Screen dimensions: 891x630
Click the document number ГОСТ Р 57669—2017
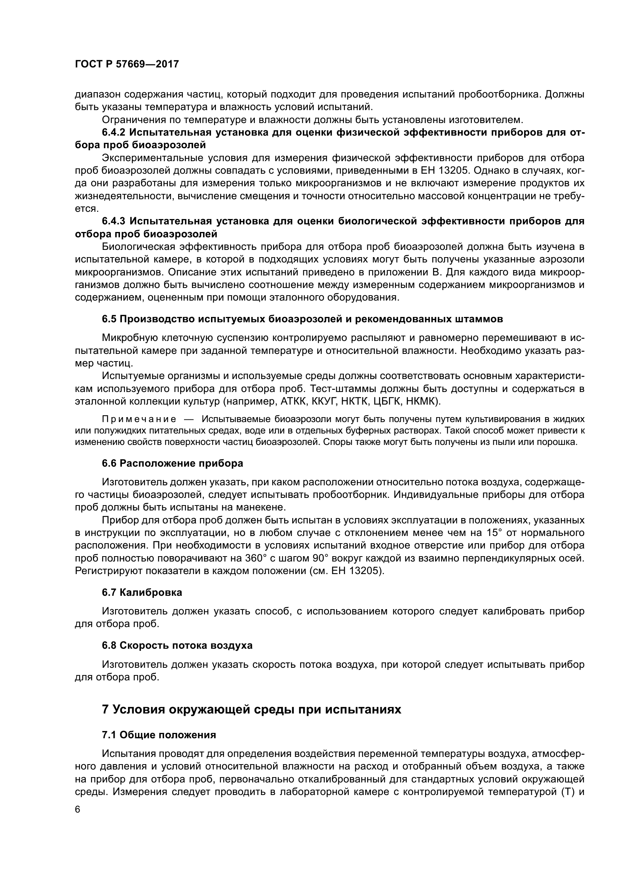click(x=126, y=64)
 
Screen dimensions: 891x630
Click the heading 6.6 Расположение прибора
click(x=172, y=463)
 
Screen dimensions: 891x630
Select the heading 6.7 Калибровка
click(x=142, y=593)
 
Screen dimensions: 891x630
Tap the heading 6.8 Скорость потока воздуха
click(x=177, y=645)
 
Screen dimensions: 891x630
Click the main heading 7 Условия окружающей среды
click(x=251, y=709)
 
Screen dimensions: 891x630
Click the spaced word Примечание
click(x=139, y=419)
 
